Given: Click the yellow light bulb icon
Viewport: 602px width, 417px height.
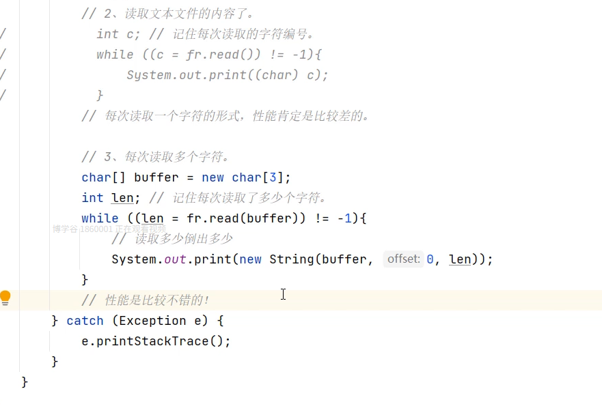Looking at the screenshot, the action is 5,298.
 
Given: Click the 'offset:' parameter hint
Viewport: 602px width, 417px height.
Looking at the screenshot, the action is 403,259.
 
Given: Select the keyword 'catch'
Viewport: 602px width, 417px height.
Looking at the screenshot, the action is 85,321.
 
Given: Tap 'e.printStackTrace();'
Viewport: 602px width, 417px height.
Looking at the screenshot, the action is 156,341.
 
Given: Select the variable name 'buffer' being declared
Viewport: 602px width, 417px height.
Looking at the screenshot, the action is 156,177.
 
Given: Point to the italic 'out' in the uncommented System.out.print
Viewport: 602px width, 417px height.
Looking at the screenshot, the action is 176,259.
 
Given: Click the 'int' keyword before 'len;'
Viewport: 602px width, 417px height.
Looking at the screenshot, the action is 92,198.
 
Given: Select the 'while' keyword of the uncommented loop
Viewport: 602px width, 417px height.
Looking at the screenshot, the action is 100,218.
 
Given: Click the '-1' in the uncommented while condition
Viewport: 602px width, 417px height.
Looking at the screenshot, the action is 345,218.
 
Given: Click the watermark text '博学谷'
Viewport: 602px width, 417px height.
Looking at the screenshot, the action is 66,229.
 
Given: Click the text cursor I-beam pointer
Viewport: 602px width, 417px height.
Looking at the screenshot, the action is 283,294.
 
